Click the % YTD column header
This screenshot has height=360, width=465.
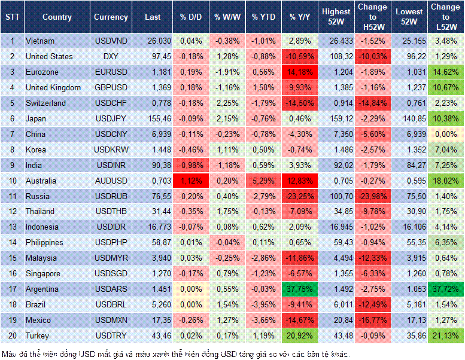[263, 17]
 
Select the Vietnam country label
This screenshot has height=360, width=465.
[41, 41]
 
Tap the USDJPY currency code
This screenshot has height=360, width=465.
[111, 118]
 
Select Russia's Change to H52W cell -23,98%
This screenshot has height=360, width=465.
[372, 196]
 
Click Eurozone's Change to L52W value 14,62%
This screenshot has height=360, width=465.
[445, 72]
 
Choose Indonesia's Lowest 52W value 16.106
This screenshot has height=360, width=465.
[409, 227]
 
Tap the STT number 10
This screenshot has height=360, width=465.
[12, 181]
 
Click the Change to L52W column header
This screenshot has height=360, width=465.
[445, 17]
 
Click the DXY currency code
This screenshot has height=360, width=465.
[111, 56]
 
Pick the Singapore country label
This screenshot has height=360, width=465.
[43, 274]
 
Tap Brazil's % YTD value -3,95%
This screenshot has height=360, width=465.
[263, 305]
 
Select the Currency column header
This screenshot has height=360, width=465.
[111, 17]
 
